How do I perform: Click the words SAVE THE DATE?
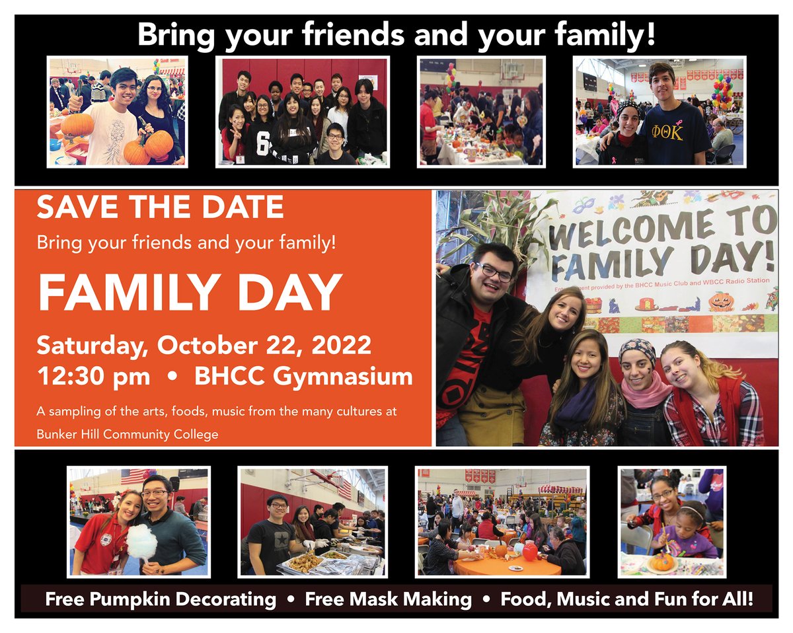pyautogui.click(x=161, y=207)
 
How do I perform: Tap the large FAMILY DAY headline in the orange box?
pyautogui.click(x=190, y=293)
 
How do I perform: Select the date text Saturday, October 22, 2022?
pyautogui.click(x=204, y=346)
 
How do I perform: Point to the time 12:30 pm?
pyautogui.click(x=93, y=377)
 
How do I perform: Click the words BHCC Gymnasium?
pyautogui.click(x=303, y=377)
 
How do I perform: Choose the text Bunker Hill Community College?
pyautogui.click(x=128, y=435)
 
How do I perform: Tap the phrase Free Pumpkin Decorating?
pyautogui.click(x=161, y=600)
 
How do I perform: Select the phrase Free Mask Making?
pyautogui.click(x=389, y=600)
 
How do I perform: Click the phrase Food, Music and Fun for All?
pyautogui.click(x=627, y=600)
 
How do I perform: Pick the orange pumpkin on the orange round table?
pyautogui.click(x=501, y=549)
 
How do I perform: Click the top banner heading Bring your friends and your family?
pyautogui.click(x=397, y=35)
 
